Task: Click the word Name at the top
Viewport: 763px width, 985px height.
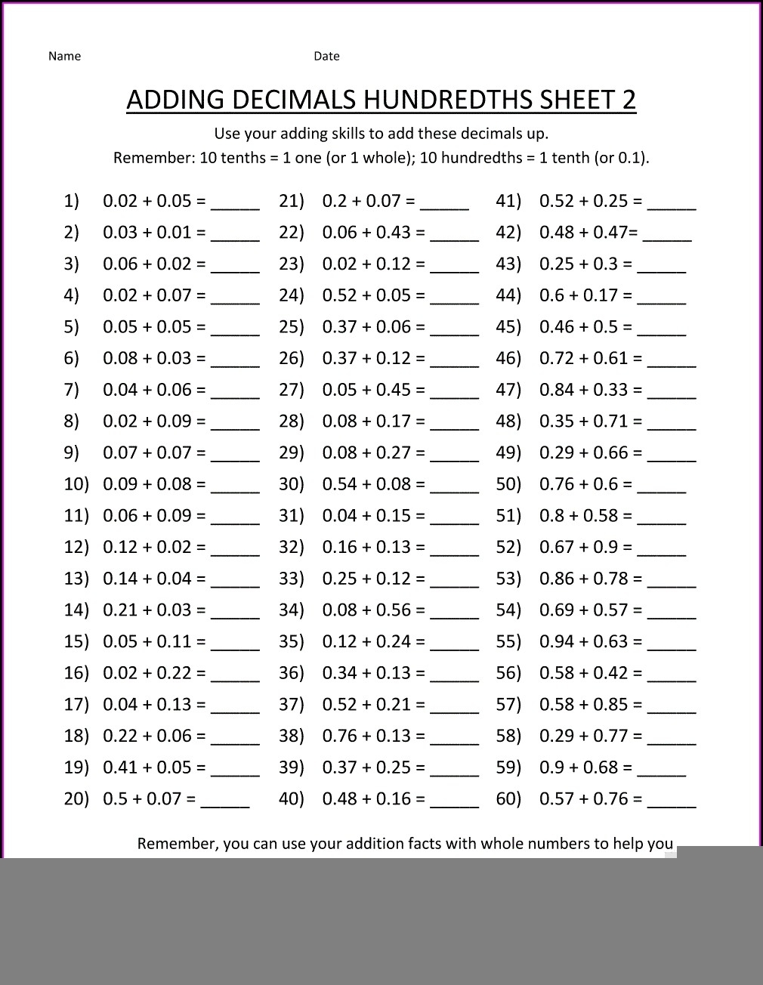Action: click(64, 56)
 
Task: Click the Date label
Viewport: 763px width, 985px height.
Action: click(326, 56)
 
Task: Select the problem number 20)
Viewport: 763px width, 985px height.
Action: click(76, 798)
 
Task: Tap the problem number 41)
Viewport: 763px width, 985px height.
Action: click(508, 201)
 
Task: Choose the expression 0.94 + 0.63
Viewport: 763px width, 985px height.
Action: click(584, 641)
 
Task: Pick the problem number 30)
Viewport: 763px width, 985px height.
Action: click(291, 484)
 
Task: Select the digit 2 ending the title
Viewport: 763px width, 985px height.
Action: click(629, 100)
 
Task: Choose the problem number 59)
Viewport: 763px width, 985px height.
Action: click(508, 767)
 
